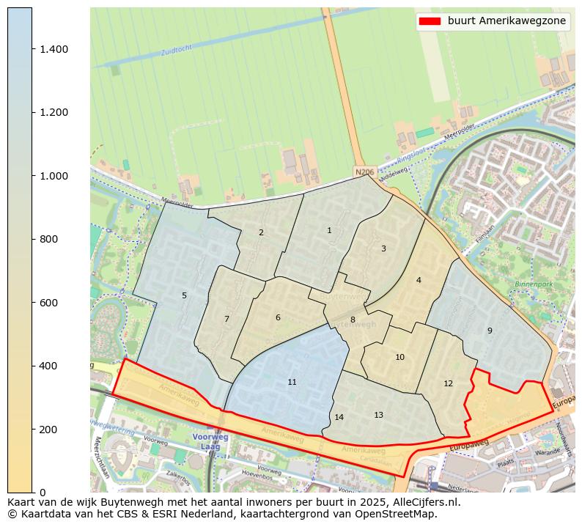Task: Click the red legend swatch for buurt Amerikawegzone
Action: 430,21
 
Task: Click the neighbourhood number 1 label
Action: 329,231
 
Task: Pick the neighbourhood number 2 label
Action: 261,233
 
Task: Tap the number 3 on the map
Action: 383,249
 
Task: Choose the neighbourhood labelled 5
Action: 184,296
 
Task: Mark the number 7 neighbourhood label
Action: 226,320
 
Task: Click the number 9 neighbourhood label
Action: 490,331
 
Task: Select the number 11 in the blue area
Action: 292,383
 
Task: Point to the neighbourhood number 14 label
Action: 339,418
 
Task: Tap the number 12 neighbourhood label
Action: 449,384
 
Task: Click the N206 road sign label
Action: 364,172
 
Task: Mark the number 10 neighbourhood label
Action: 399,358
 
